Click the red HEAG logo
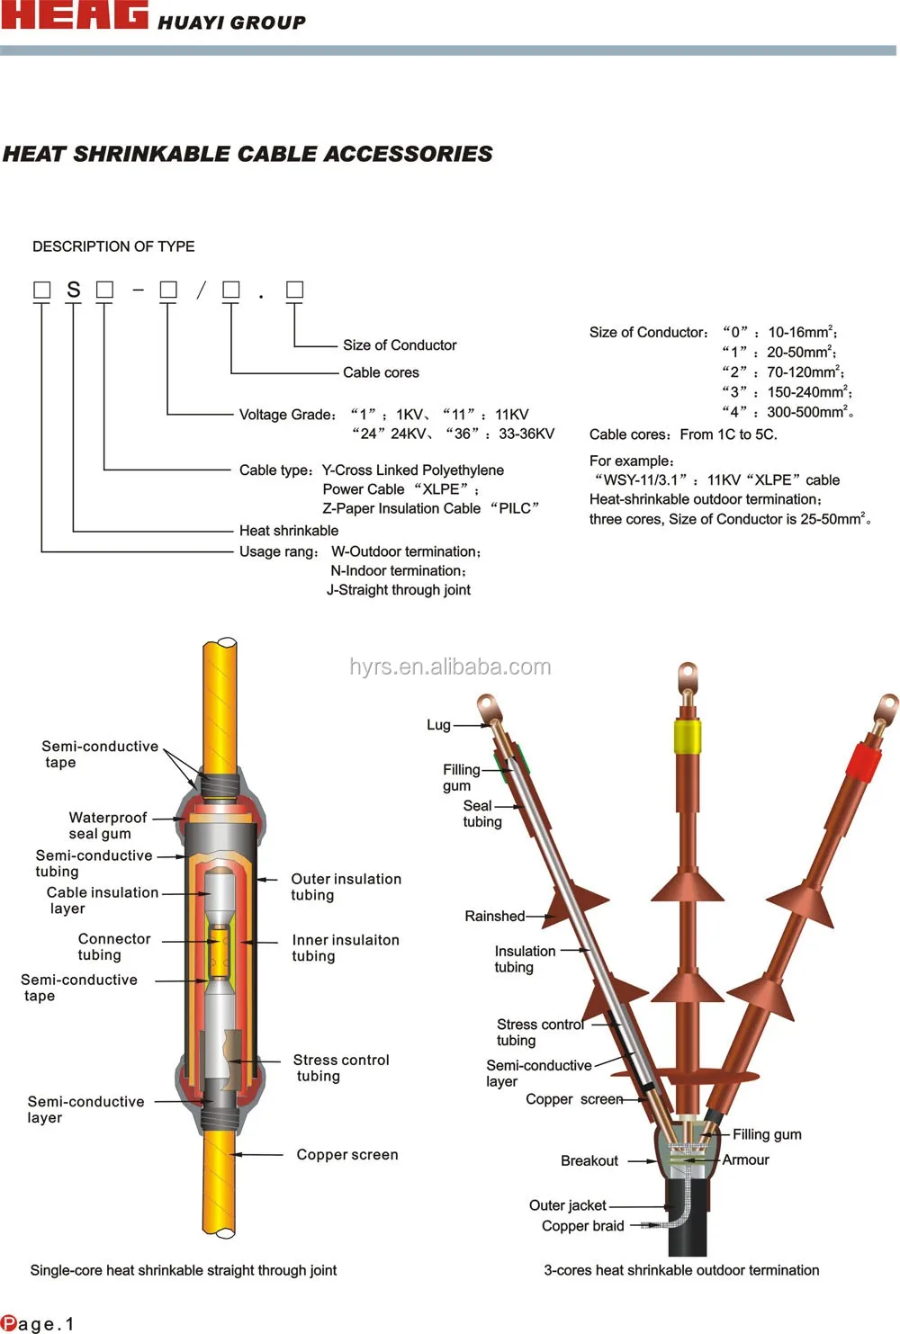[74, 15]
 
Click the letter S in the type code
[74, 290]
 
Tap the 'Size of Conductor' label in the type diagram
[400, 345]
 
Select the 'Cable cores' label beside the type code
[381, 372]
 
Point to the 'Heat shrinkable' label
[289, 531]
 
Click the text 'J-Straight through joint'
[399, 590]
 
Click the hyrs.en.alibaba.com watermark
[450, 667]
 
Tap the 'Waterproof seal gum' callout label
[107, 825]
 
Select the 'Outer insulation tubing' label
[346, 887]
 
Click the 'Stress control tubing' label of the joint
[340, 1068]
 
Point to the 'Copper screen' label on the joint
[347, 1155]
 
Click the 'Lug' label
[438, 725]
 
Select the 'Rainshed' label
[494, 917]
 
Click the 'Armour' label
[745, 1160]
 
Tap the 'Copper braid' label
[582, 1226]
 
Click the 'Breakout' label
[589, 1161]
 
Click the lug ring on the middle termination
[688, 672]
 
